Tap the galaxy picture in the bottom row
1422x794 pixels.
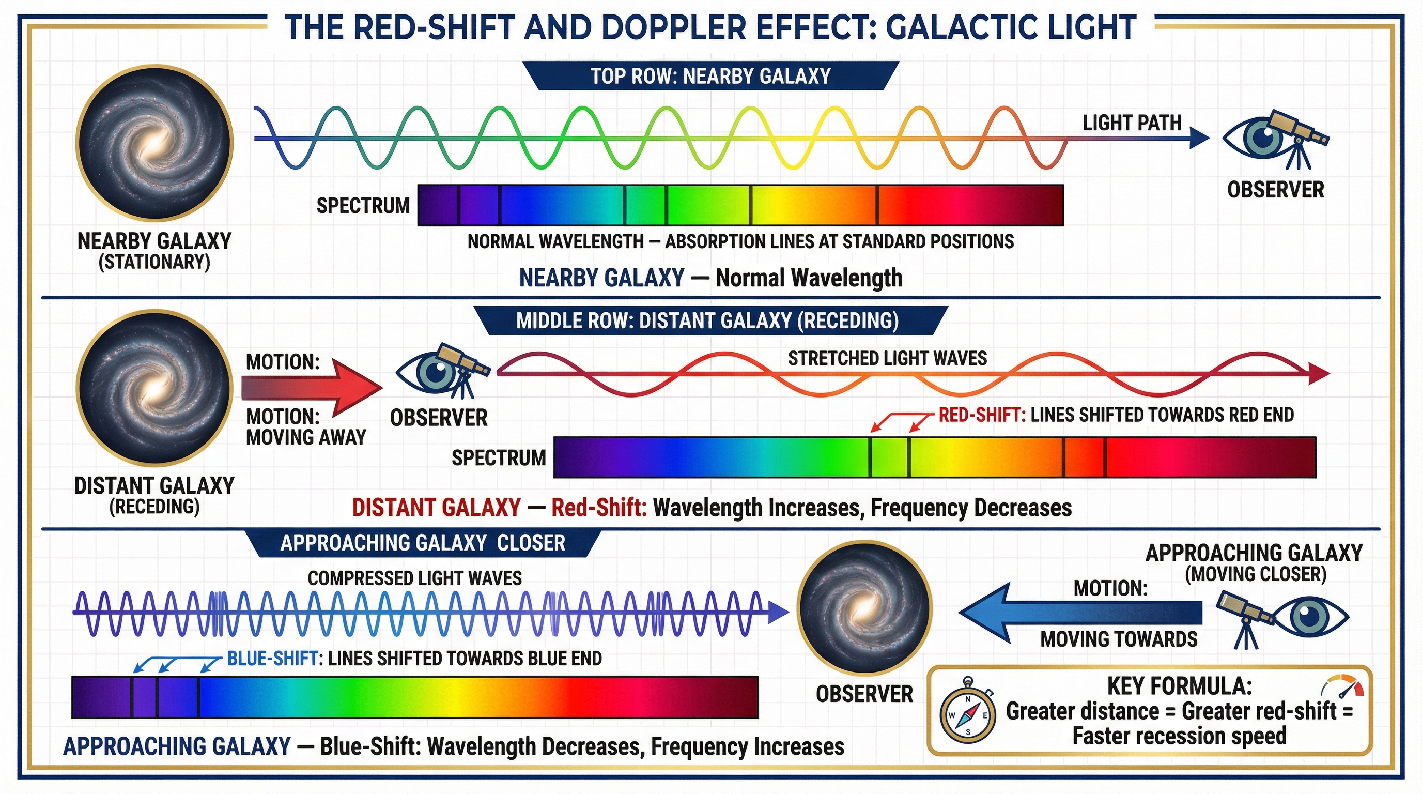click(864, 608)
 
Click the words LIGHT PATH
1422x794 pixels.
click(1132, 123)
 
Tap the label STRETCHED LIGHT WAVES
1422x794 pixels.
click(887, 358)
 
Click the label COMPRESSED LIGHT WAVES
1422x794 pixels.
click(414, 578)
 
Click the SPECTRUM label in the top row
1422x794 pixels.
click(363, 205)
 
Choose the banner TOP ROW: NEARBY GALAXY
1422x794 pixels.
click(710, 75)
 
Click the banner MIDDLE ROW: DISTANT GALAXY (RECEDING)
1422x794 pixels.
click(706, 321)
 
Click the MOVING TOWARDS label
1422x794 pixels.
click(1119, 639)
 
